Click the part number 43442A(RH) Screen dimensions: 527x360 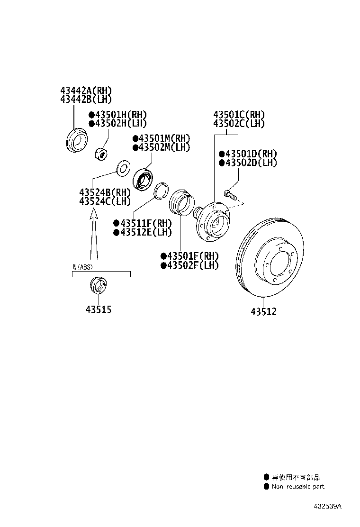coord(86,91)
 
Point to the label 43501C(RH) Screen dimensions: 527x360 coord(239,115)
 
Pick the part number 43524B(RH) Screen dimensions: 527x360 coord(105,192)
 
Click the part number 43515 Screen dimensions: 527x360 coord(99,310)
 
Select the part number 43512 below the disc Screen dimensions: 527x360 coord(263,312)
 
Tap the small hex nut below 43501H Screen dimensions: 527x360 coord(102,153)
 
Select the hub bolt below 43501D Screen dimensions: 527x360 coord(230,194)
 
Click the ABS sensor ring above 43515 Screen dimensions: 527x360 coord(98,285)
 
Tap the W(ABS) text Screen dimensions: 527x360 coord(82,267)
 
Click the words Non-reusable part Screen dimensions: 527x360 coord(298,486)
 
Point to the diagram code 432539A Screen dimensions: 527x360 coord(327,506)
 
